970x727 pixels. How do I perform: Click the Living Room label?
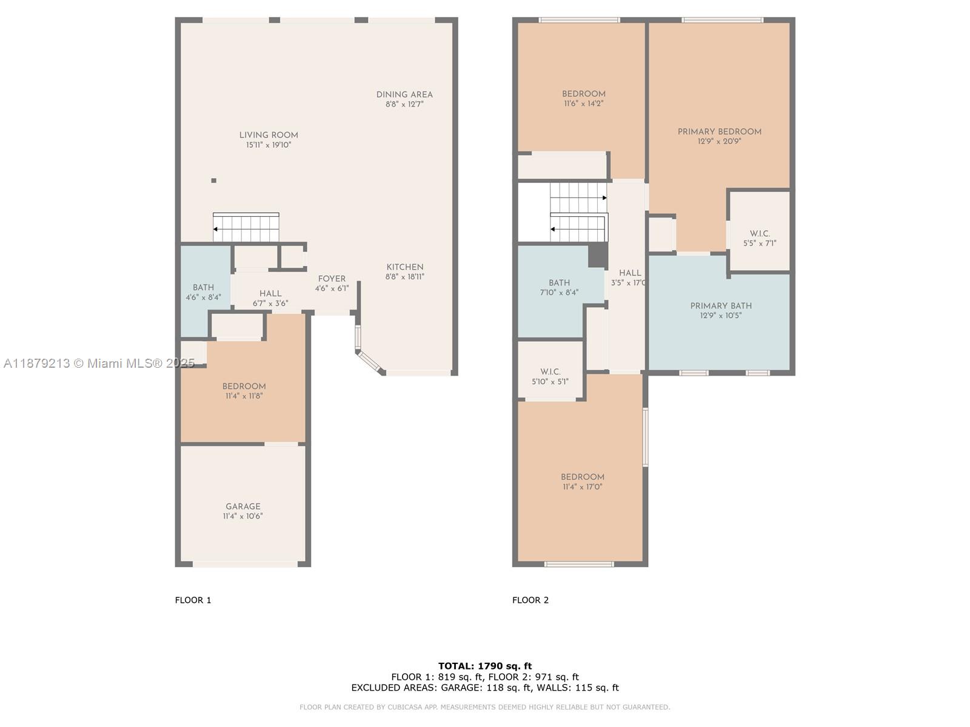269,135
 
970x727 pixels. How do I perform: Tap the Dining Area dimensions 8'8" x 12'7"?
404,104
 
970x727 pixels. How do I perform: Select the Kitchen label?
405,267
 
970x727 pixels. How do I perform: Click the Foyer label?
332,279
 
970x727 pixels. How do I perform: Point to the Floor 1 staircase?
246,228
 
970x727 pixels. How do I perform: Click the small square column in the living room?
213,181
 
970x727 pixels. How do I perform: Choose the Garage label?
242,506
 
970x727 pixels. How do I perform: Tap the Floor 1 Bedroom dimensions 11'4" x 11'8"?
244,396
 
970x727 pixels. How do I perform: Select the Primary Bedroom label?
719,131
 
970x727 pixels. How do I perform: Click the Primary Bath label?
721,306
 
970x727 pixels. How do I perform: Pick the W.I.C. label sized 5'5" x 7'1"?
760,234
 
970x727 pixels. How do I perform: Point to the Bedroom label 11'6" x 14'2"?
583,94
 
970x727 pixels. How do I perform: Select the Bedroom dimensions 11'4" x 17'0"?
582,487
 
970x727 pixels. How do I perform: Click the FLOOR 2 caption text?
530,600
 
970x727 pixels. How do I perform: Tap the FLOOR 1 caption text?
193,600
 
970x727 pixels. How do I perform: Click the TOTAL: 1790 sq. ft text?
485,666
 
